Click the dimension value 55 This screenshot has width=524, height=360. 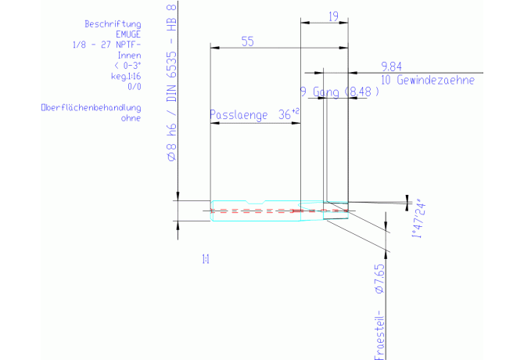point(247,43)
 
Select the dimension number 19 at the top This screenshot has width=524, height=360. point(332,16)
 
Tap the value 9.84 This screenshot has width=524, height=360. point(391,66)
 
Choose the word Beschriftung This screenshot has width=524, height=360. point(117,25)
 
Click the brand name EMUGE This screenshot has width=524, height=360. point(128,34)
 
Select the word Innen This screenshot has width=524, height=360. point(129,56)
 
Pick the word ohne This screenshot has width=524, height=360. point(130,118)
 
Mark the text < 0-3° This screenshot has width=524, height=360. point(127,66)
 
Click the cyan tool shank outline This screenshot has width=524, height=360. point(256,201)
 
